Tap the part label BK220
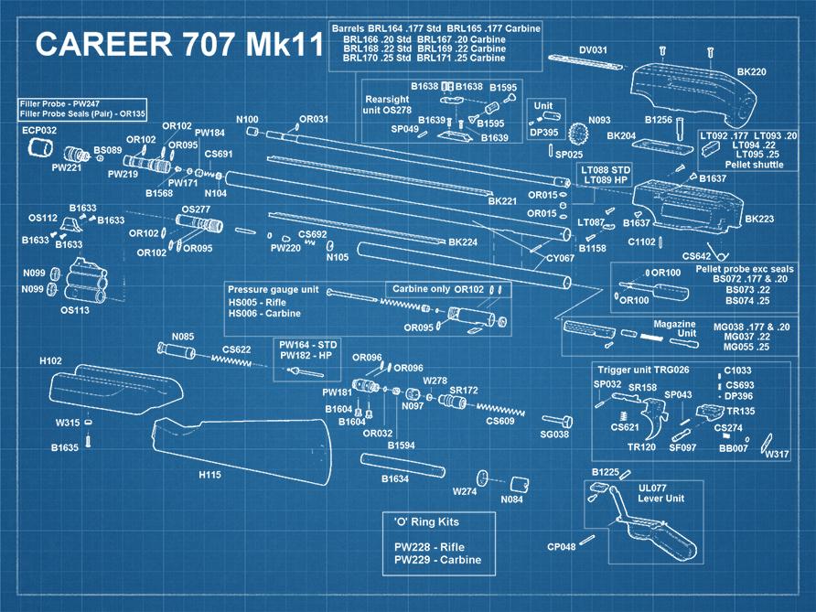tap(751, 71)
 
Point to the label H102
tap(51, 361)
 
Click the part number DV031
tap(593, 49)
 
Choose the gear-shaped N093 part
tap(576, 137)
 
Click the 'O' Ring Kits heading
tap(426, 521)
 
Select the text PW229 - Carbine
tap(437, 560)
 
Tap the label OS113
tap(74, 310)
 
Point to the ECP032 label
tap(39, 131)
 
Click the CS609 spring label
tap(499, 421)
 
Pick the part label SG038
tap(554, 434)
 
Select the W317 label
tap(777, 455)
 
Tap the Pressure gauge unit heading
tap(273, 289)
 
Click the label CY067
tap(560, 259)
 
